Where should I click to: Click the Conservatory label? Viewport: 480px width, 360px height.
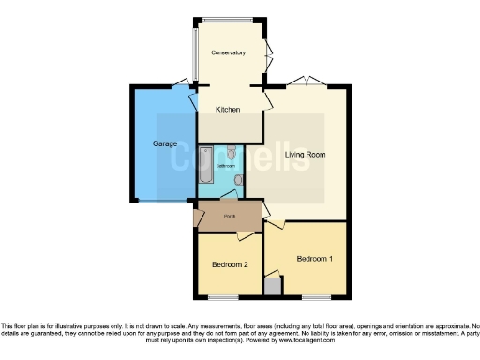229,52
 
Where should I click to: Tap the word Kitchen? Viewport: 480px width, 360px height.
228,110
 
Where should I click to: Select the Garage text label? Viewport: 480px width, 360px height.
153,143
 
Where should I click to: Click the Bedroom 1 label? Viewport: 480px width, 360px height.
315,258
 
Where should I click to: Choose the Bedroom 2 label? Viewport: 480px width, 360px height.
229,264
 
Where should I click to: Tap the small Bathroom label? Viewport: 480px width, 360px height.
226,166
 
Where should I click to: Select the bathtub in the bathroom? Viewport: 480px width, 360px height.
206,167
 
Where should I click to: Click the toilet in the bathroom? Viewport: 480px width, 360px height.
232,152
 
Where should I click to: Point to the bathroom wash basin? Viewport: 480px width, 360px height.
239,178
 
